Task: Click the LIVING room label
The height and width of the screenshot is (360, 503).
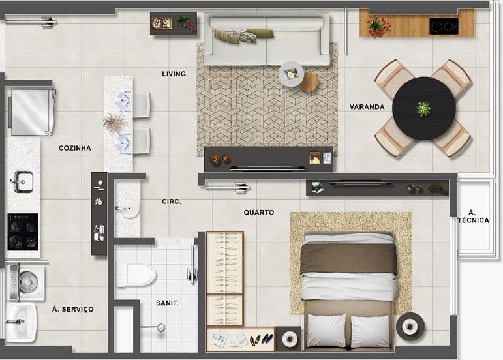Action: click(174, 74)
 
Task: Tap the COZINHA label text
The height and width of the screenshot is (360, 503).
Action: click(75, 148)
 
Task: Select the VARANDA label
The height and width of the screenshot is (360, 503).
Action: click(367, 107)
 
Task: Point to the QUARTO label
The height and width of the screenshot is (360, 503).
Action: click(259, 212)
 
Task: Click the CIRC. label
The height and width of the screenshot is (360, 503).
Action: click(172, 202)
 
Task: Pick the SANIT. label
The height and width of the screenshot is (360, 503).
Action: click(167, 303)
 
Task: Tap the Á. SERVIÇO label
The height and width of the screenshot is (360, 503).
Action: click(73, 309)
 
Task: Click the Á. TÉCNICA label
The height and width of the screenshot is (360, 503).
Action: click(474, 217)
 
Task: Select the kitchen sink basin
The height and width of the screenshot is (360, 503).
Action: click(23, 182)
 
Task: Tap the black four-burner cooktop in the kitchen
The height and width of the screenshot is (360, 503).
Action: click(23, 232)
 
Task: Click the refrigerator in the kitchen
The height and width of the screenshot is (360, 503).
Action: click(32, 112)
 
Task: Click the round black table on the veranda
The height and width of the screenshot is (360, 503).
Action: click(424, 108)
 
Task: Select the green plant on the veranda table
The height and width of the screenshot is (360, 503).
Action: click(424, 109)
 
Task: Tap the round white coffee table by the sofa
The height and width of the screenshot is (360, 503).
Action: click(291, 74)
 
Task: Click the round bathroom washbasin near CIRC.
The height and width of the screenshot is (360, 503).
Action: click(130, 209)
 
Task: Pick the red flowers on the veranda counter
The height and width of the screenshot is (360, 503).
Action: click(378, 25)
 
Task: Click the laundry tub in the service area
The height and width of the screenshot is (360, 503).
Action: click(20, 322)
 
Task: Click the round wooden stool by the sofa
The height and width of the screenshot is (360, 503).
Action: click(309, 82)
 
